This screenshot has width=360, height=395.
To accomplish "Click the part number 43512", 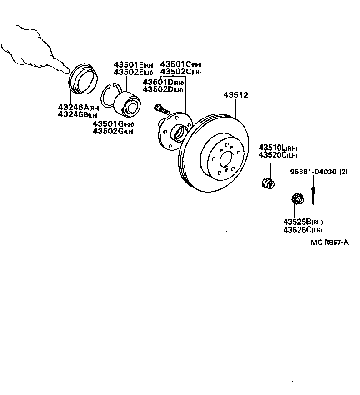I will pyautogui.click(x=236, y=95).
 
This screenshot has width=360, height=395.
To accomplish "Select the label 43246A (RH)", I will pyautogui.click(x=79, y=107).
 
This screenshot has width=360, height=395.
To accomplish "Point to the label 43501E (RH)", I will pyautogui.click(x=134, y=65).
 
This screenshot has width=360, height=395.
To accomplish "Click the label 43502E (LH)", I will pyautogui.click(x=134, y=72).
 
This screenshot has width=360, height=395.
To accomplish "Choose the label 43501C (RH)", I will pyautogui.click(x=180, y=65).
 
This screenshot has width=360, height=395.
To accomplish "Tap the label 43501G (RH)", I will pyautogui.click(x=113, y=124).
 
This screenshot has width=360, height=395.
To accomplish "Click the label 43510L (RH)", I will pyautogui.click(x=278, y=148).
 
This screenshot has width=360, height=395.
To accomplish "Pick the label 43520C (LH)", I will pyautogui.click(x=278, y=155).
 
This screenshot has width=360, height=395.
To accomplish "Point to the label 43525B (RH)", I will pyautogui.click(x=303, y=222).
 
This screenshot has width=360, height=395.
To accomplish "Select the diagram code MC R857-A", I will pyautogui.click(x=330, y=242).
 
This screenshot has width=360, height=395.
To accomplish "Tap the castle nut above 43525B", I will pyautogui.click(x=297, y=199).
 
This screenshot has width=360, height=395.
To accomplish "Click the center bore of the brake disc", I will pyautogui.click(x=225, y=160).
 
